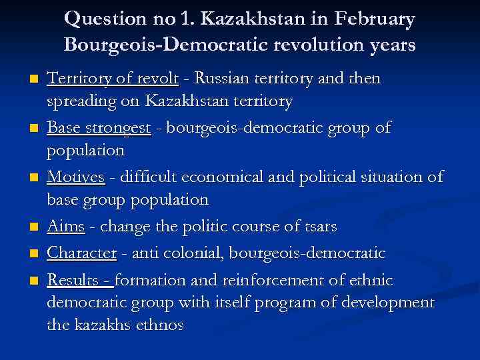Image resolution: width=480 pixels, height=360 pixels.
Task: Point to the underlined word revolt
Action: [x=157, y=79]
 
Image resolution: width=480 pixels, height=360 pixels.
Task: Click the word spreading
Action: [x=78, y=101]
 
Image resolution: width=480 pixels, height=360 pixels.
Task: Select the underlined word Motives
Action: [x=75, y=177]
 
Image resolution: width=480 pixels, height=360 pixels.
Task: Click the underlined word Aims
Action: [x=65, y=227]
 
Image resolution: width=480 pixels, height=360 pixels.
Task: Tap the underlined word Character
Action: [x=81, y=253]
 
